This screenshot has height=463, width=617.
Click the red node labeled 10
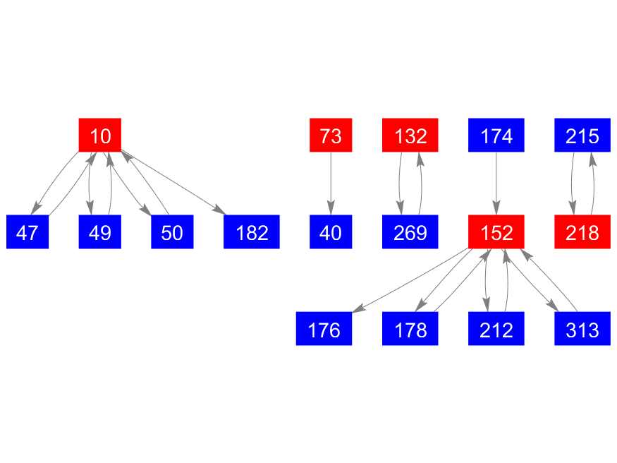click(100, 135)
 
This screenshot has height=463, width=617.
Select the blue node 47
click(28, 232)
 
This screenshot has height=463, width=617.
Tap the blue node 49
click(100, 232)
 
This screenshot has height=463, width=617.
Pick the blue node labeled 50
click(172, 232)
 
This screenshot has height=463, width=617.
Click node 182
click(252, 232)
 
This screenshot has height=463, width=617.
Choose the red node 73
click(331, 135)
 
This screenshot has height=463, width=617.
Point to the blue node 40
click(331, 232)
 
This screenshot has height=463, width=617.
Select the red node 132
click(410, 135)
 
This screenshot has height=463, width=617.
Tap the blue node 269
click(410, 232)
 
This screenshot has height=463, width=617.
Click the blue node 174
click(496, 135)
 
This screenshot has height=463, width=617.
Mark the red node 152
click(496, 232)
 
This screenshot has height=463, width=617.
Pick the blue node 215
click(582, 135)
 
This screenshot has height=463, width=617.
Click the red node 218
click(582, 232)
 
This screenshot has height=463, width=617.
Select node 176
click(324, 329)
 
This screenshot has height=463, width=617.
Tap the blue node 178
click(410, 329)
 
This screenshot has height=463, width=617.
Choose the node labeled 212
click(496, 329)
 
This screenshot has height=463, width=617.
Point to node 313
click(582, 329)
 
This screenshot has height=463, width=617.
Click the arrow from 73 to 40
click(331, 184)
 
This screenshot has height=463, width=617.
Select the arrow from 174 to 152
click(496, 184)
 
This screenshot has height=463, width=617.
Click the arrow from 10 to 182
click(173, 183)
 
